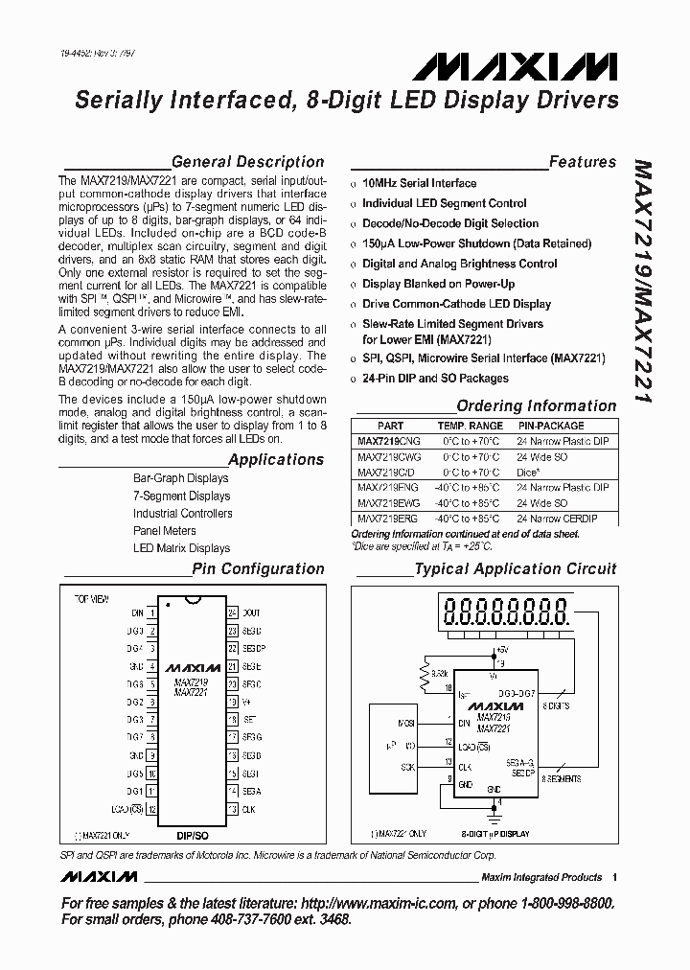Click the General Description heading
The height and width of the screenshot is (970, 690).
[x=247, y=162]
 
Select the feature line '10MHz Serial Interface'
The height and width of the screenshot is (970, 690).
[x=419, y=183]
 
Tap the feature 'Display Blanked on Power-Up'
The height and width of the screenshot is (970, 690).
[x=438, y=284]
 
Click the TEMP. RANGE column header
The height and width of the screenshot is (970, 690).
[x=470, y=426]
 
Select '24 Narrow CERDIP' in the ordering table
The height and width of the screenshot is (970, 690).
[x=557, y=519]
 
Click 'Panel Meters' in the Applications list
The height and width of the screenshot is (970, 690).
[x=165, y=531]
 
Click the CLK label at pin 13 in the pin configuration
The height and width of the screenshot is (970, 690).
[x=249, y=809]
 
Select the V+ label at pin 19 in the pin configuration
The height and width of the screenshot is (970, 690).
[x=246, y=701]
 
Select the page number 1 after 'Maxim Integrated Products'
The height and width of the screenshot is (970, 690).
[x=614, y=877]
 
